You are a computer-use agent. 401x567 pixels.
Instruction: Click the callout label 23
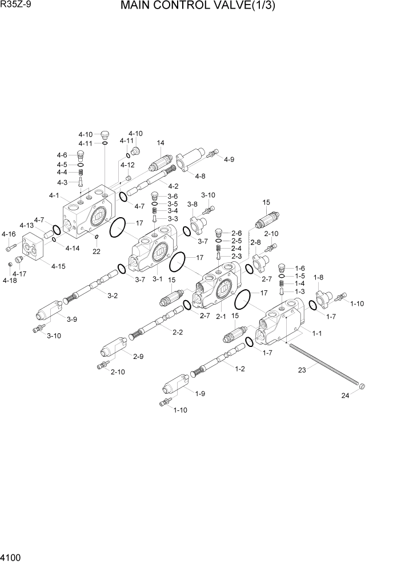click(x=303, y=370)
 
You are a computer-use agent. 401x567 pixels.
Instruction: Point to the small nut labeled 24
click(x=362, y=388)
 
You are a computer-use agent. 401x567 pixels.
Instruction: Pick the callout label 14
click(x=161, y=143)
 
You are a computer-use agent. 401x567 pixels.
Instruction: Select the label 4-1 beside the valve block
click(x=54, y=195)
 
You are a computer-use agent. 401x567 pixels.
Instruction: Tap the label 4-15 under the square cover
click(x=58, y=266)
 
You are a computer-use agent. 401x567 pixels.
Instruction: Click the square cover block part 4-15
click(x=34, y=246)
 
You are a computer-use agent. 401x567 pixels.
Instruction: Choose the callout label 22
click(x=96, y=251)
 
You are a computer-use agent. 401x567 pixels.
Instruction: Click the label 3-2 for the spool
click(x=113, y=295)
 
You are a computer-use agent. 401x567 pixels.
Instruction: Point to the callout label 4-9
click(x=228, y=159)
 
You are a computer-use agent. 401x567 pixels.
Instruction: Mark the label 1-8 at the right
click(x=319, y=277)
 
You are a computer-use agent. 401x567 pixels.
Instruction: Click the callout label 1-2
click(x=240, y=369)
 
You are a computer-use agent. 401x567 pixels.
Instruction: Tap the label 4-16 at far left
click(x=9, y=234)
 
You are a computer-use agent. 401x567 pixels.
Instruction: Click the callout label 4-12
click(x=128, y=165)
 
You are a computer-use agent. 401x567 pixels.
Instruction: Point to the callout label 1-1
click(x=317, y=333)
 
